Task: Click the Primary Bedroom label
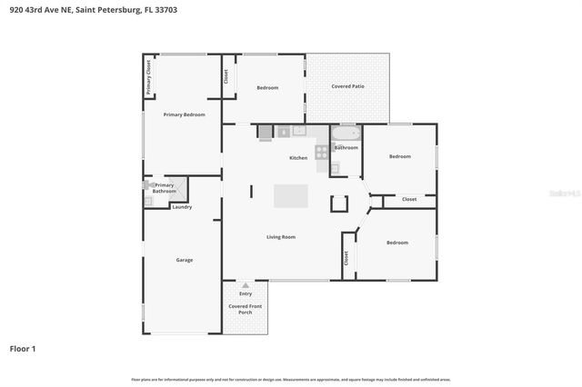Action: click(184, 114)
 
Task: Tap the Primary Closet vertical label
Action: click(149, 78)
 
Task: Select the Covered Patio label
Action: click(347, 86)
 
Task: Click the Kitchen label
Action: click(298, 158)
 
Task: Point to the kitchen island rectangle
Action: click(291, 196)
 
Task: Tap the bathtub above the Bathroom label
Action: click(346, 134)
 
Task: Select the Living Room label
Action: click(281, 237)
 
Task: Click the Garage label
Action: click(184, 260)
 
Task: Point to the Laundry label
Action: click(182, 207)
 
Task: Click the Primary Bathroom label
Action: click(164, 188)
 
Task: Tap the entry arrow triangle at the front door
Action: click(245, 285)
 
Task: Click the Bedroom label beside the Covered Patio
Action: click(267, 87)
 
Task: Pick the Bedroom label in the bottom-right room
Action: click(396, 243)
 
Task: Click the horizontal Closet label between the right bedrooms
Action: click(409, 199)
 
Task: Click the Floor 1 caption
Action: click(23, 348)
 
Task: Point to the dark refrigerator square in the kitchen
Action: click(266, 133)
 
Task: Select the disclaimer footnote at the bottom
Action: click(291, 379)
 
